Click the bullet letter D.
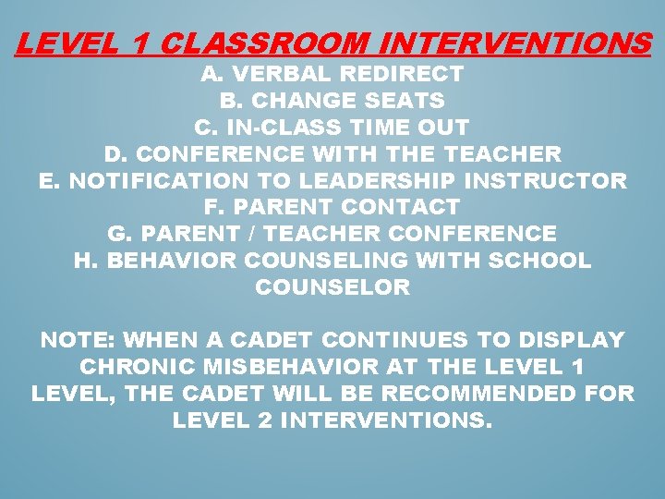[x=114, y=154]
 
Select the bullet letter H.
[x=84, y=262]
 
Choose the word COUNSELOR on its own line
[x=332, y=288]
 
